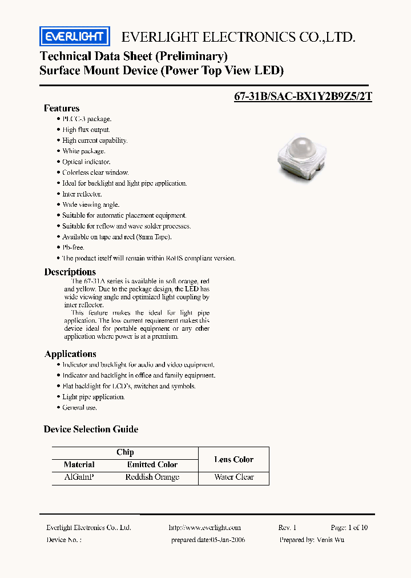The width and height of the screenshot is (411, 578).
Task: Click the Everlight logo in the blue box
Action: (x=75, y=37)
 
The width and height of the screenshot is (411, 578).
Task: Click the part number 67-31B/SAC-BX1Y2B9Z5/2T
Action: (x=303, y=96)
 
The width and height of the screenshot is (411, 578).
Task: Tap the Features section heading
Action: (x=62, y=108)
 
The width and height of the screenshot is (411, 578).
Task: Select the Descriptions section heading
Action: (x=70, y=272)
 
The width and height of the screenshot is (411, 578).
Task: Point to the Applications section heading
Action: (x=70, y=354)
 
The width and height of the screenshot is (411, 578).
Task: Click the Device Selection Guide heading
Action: (x=91, y=429)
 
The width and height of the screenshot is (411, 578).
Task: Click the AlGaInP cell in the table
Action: (x=79, y=477)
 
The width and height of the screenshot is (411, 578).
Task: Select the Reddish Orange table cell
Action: (x=152, y=477)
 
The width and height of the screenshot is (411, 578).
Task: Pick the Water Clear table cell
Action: (x=234, y=477)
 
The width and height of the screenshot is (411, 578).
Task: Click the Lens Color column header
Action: (x=234, y=459)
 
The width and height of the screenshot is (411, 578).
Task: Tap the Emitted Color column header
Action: (x=152, y=465)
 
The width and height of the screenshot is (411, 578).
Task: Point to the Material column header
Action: (x=79, y=465)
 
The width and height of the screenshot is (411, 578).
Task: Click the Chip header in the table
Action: (x=125, y=452)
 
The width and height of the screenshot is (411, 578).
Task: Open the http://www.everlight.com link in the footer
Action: (x=205, y=528)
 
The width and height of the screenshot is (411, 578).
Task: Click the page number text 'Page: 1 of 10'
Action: (x=349, y=528)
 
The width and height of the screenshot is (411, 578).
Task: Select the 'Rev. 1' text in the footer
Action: (x=287, y=528)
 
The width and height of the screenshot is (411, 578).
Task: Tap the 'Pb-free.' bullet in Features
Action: (x=73, y=247)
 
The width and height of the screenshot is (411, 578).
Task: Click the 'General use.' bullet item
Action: (x=79, y=407)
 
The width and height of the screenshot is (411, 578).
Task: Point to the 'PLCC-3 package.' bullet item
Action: (x=87, y=119)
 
